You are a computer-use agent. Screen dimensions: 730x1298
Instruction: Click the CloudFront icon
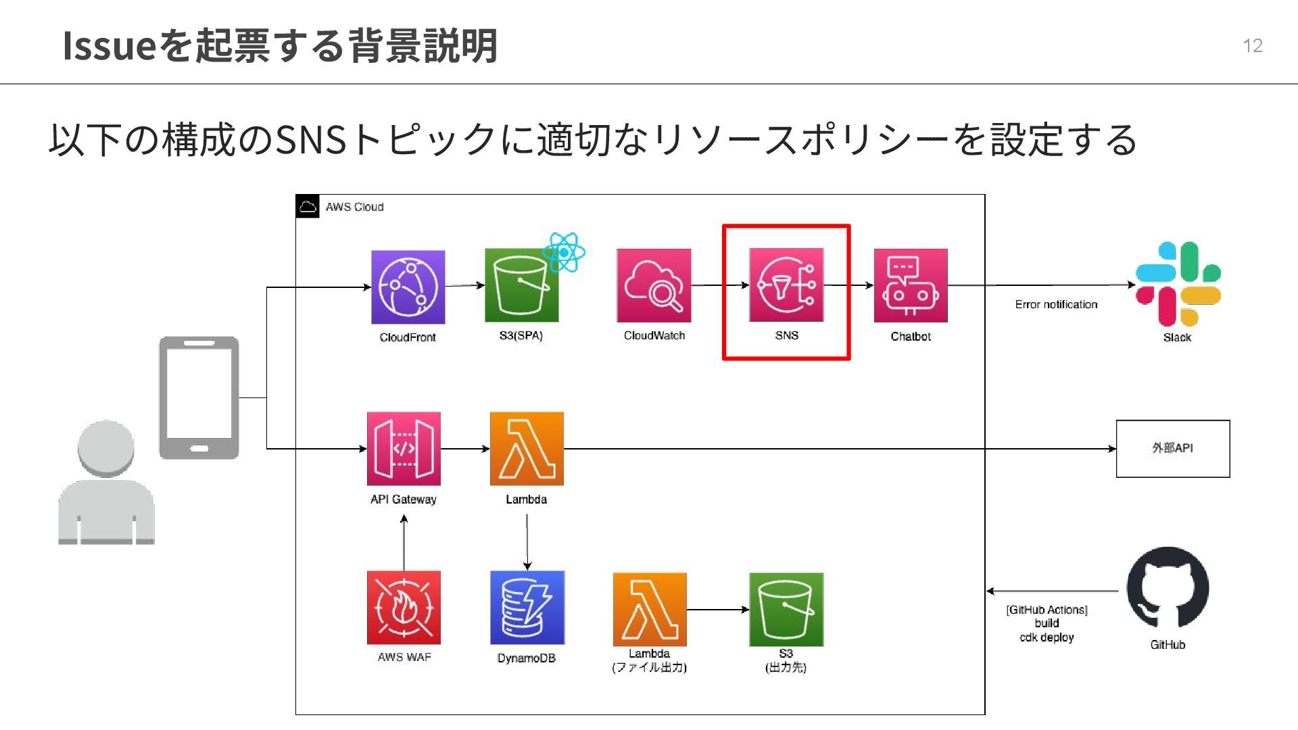[408, 287]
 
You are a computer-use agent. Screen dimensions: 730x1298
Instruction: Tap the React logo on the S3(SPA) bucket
[564, 252]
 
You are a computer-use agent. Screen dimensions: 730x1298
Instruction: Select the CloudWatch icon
[654, 285]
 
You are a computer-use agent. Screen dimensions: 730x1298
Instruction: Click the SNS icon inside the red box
[786, 285]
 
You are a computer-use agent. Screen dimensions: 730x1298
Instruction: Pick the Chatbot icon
[910, 285]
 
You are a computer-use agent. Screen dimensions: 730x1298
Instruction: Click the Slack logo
[1178, 284]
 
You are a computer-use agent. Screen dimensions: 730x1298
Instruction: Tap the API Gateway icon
[404, 449]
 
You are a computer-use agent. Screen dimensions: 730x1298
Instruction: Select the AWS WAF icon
[404, 607]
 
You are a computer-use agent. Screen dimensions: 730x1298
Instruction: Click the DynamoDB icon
[527, 607]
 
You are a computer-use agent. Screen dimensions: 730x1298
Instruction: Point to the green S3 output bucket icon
[786, 609]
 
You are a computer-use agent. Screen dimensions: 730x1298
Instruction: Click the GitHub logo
[1168, 588]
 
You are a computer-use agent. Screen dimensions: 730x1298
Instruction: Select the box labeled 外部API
[1172, 448]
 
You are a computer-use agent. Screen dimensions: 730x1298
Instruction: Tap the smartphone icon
[199, 397]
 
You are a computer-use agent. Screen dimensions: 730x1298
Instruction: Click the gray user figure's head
[106, 448]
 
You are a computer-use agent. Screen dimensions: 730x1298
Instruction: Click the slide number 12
[1252, 45]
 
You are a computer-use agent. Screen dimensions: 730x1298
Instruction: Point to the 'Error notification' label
[1056, 304]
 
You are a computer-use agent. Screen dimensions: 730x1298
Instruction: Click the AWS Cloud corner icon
[308, 206]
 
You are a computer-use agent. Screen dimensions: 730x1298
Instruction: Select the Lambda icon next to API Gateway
[527, 449]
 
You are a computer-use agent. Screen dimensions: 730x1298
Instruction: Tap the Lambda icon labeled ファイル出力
[650, 609]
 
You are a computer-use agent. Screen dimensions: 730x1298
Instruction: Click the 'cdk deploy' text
[1047, 637]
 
